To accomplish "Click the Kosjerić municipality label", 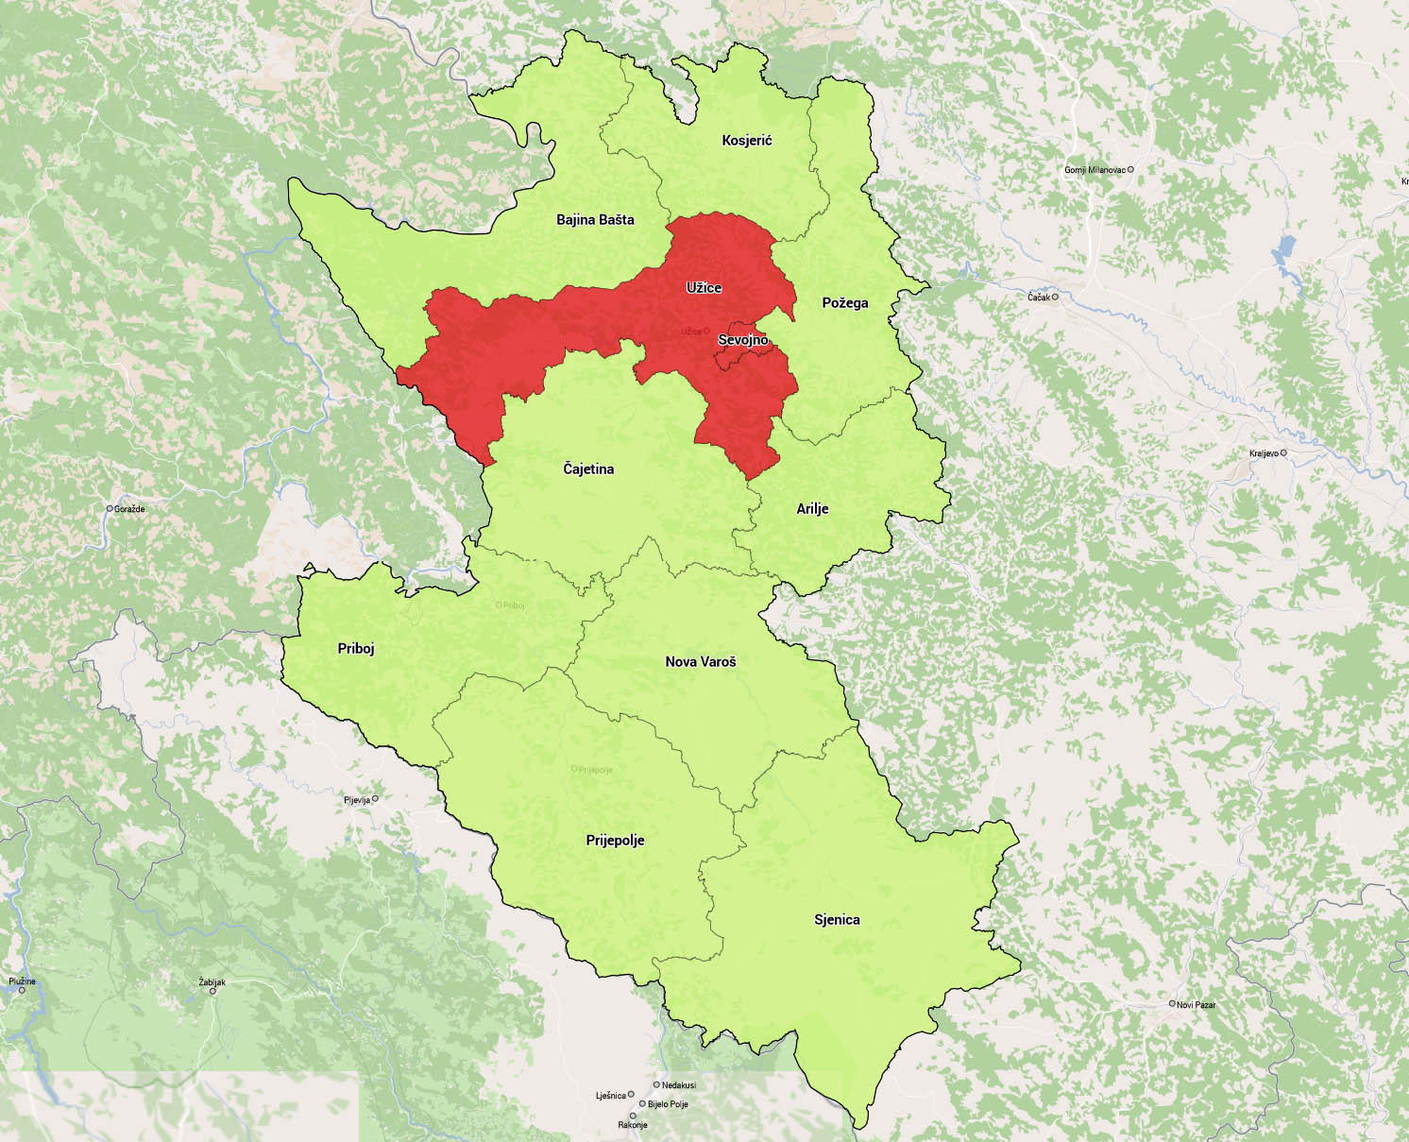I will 746,141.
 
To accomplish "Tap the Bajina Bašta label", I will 595,220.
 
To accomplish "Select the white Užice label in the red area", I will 704,286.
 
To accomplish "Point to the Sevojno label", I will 743,339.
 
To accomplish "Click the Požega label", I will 844,303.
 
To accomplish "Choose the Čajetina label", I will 588,469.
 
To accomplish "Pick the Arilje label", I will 812,508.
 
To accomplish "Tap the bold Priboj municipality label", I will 356,649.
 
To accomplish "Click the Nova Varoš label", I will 701,661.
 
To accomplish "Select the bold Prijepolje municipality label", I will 615,840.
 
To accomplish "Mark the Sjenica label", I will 837,919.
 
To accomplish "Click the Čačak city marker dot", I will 1056,297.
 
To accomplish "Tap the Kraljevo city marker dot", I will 1283,452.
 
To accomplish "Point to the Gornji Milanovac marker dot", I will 1130,170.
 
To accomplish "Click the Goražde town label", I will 128,508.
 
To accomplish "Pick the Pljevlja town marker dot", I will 375,799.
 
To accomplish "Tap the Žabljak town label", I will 212,982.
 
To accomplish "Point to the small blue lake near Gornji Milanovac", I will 1283,252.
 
